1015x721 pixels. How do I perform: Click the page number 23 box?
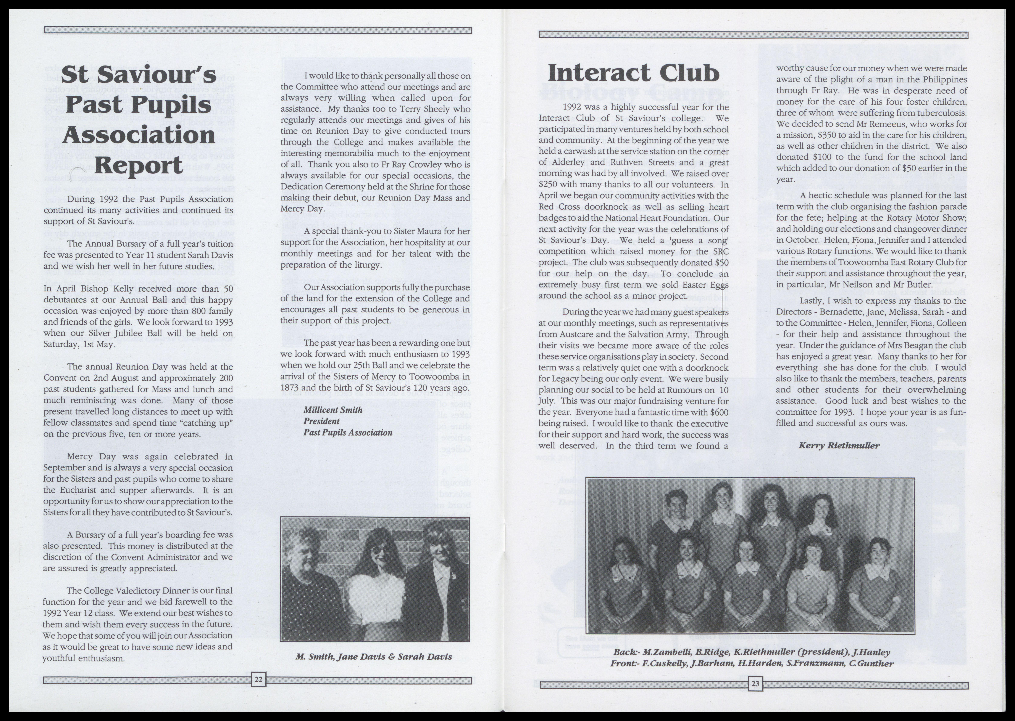pyautogui.click(x=755, y=684)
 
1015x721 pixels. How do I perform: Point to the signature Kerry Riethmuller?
pyautogui.click(x=839, y=445)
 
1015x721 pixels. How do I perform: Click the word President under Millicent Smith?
pyautogui.click(x=321, y=421)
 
